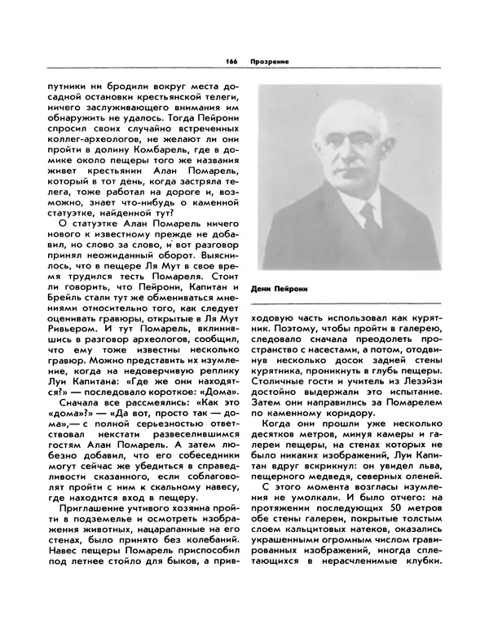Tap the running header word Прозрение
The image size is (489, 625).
(270, 62)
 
